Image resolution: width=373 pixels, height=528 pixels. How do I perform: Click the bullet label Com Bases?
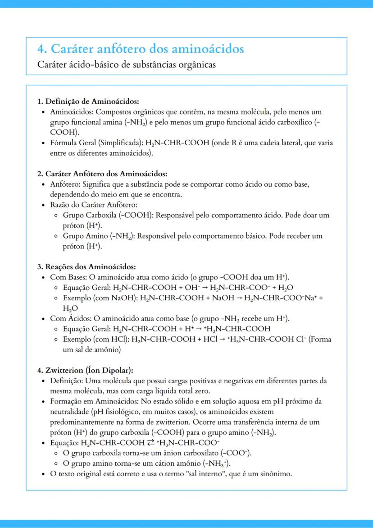point(68,276)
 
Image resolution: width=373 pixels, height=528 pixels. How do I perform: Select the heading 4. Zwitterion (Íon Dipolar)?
point(85,371)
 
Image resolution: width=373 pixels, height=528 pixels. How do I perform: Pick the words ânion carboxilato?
point(195,453)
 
